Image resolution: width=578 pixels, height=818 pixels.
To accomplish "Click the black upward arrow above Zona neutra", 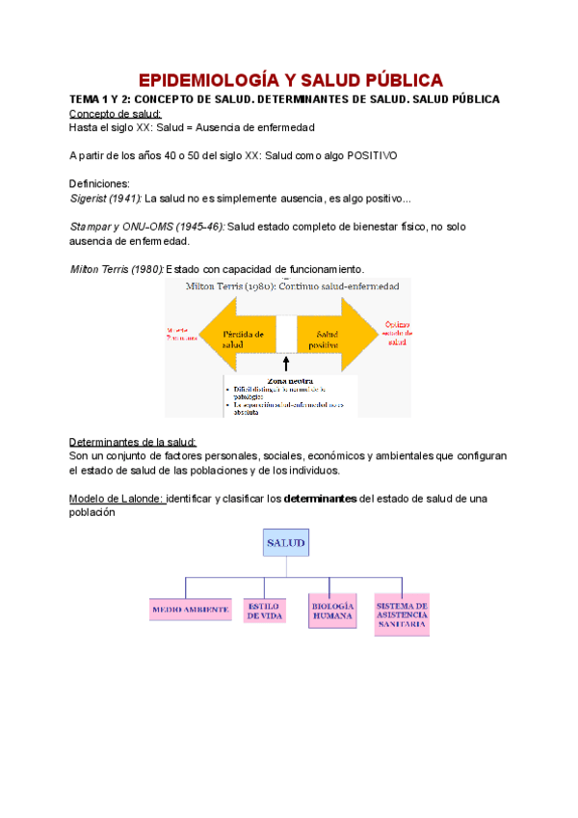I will [286, 364].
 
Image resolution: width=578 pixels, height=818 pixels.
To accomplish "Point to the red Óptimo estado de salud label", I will [398, 333].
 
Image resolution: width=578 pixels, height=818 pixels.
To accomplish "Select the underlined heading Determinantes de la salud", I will [133, 442].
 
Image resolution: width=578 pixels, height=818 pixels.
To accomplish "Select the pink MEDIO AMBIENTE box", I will [190, 610].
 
